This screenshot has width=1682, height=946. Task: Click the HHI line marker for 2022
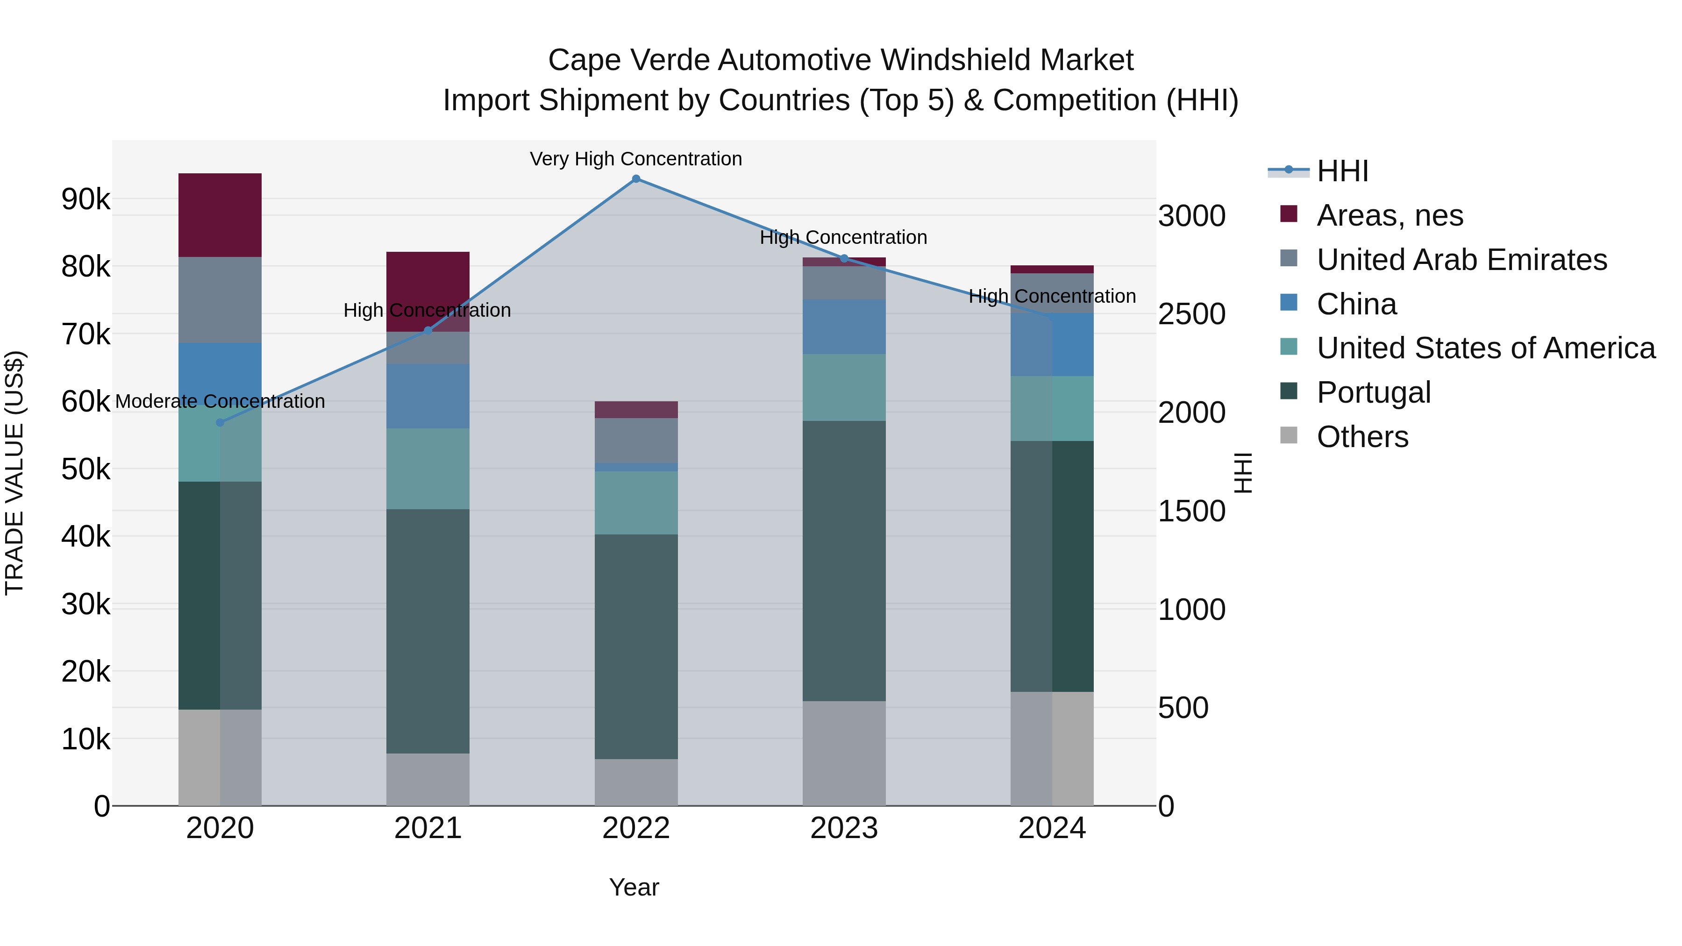coord(635,179)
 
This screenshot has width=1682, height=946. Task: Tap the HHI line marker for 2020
coord(220,422)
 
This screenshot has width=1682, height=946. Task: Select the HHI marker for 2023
coord(844,258)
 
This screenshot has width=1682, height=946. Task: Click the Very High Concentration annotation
coord(635,159)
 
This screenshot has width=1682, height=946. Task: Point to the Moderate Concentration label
coord(220,401)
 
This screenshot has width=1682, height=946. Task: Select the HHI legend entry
coord(1342,171)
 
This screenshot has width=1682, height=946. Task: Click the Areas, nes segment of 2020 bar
coord(220,215)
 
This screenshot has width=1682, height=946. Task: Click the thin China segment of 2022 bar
coord(635,468)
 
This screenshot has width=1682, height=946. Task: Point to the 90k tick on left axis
coord(86,199)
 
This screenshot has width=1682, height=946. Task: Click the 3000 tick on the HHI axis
coord(1191,216)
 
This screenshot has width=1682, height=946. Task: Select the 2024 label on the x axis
coord(1051,828)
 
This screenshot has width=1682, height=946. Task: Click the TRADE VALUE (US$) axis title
coord(14,473)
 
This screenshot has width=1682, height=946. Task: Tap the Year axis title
coord(634,887)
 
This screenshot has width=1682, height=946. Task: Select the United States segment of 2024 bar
coord(1051,409)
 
